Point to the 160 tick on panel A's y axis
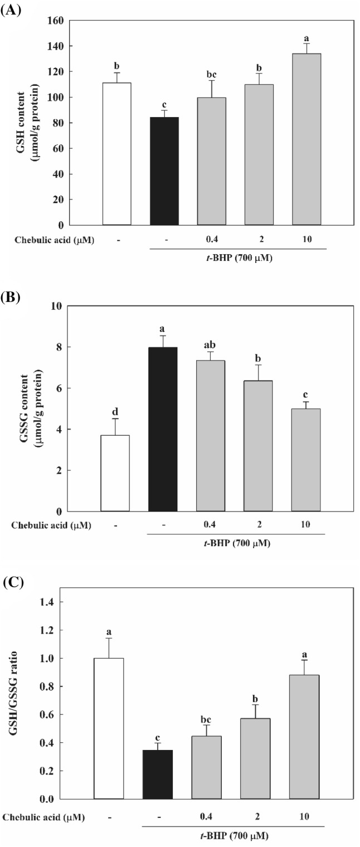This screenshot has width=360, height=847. pyautogui.click(x=57, y=21)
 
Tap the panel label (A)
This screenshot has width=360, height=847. pyautogui.click(x=11, y=9)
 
